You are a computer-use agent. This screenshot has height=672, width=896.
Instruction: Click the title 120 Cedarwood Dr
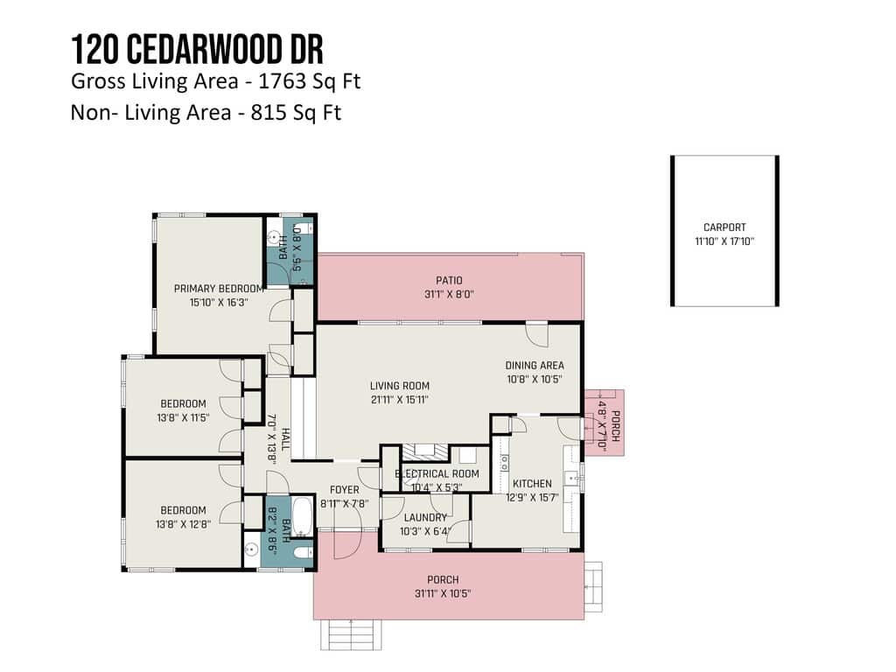click(197, 49)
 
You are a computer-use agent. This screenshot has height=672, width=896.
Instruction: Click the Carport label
click(724, 227)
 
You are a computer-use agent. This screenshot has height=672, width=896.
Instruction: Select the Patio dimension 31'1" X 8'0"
click(449, 294)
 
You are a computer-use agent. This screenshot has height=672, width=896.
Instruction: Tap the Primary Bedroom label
click(219, 289)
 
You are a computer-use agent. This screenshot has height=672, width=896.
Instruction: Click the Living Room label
click(399, 386)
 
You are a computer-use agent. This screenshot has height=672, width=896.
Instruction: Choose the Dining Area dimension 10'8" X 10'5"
click(535, 379)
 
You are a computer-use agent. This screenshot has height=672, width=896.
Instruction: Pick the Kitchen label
click(533, 483)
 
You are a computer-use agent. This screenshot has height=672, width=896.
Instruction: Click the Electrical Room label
click(437, 473)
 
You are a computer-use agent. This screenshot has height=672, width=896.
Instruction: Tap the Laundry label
click(425, 518)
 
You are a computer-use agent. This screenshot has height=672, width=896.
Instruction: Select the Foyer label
click(345, 490)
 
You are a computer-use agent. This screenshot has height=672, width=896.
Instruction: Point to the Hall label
click(285, 440)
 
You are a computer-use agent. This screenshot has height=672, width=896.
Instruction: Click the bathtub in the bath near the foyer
click(302, 516)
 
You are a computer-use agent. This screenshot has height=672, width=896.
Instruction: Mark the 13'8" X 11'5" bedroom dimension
click(183, 417)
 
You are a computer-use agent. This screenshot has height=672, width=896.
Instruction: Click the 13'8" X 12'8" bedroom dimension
click(183, 524)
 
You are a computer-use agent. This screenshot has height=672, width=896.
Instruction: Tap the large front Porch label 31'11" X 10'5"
click(443, 586)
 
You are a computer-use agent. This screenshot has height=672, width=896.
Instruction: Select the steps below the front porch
click(350, 634)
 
